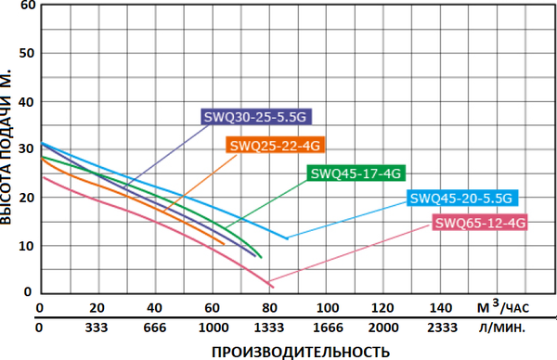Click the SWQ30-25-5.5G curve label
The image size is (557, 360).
pos(253,117)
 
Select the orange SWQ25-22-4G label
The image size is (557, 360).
pos(275,145)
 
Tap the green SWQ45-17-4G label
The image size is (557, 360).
pos(356,173)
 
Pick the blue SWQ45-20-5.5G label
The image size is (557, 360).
pos(461,198)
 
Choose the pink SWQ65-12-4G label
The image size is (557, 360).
pos(480,223)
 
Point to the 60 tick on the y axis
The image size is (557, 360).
pos(26,6)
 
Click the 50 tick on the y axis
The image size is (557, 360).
pos(26,53)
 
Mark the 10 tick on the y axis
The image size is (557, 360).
pos(26,246)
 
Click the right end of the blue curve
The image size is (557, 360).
pos(287,238)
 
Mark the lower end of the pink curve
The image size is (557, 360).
pos(270,284)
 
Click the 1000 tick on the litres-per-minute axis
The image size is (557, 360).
pos(213,328)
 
